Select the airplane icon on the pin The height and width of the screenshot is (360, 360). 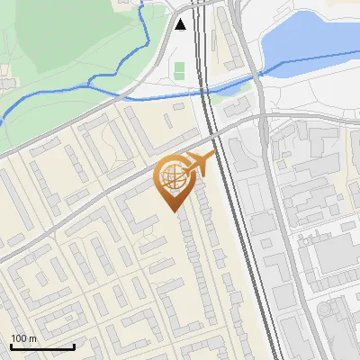(199, 164)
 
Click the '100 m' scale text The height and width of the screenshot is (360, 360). (23, 338)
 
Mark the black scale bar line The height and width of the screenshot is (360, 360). (42, 346)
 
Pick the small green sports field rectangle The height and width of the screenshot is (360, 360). (179, 69)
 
